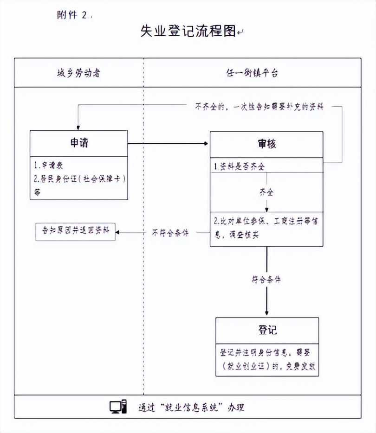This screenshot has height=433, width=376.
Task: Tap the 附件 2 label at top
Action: pyautogui.click(x=72, y=15)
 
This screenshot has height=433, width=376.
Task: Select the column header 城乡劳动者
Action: pyautogui.click(x=78, y=73)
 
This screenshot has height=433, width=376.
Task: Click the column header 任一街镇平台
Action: pyautogui.click(x=253, y=73)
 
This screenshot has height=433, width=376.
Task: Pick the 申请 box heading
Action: pyautogui.click(x=78, y=143)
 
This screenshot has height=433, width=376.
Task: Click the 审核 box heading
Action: pyautogui.click(x=266, y=144)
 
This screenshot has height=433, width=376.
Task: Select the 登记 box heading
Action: pyautogui.click(x=267, y=330)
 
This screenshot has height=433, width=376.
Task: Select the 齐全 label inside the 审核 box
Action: pyautogui.click(x=266, y=191)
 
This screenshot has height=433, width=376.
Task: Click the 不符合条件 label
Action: pyautogui.click(x=170, y=232)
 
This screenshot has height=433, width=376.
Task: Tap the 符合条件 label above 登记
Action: pyautogui.click(x=266, y=280)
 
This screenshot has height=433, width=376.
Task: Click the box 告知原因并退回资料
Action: pyautogui.click(x=75, y=231)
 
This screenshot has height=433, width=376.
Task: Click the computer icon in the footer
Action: pyautogui.click(x=117, y=407)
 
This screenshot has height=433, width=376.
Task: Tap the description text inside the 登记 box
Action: pyautogui.click(x=267, y=359)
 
